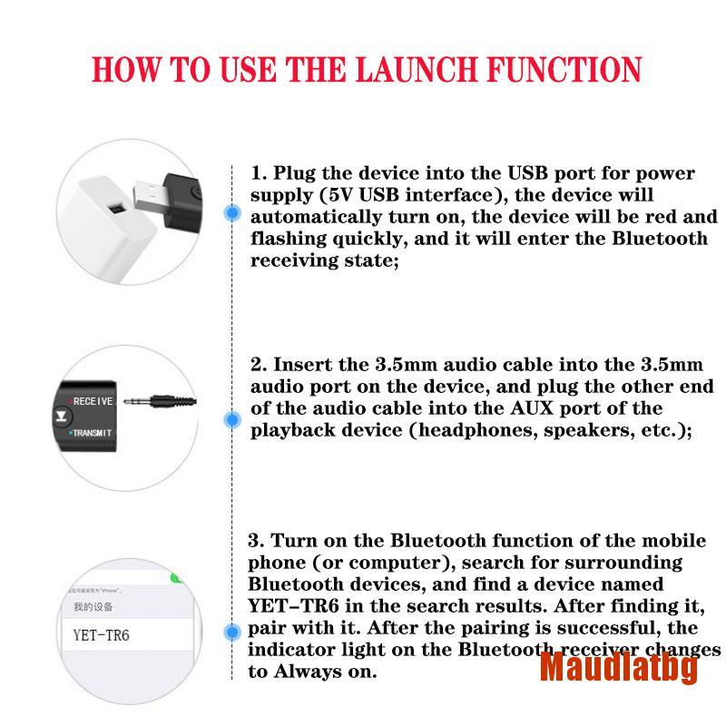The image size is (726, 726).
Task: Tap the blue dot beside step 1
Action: pyautogui.click(x=233, y=213)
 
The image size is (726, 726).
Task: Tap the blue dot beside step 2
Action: pyautogui.click(x=233, y=419)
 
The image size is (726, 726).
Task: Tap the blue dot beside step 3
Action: pyautogui.click(x=233, y=628)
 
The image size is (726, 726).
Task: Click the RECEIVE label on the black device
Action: pyautogui.click(x=93, y=400)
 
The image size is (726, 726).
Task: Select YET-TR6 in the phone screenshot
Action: pyautogui.click(x=101, y=634)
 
